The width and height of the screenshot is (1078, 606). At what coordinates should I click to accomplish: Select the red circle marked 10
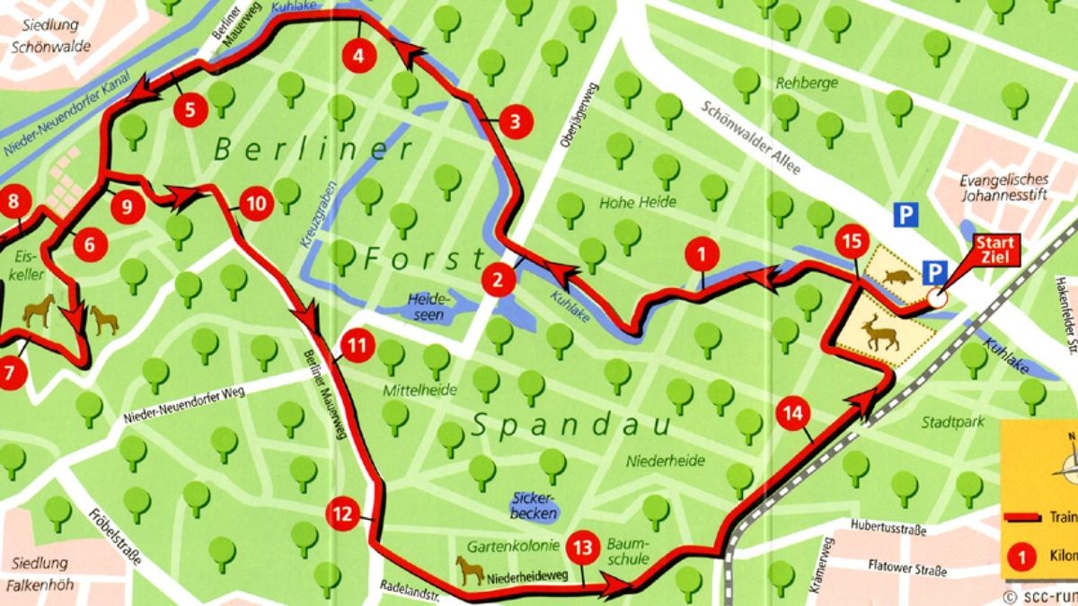tap(256, 205)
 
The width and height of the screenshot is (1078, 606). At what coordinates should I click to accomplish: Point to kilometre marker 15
tap(851, 242)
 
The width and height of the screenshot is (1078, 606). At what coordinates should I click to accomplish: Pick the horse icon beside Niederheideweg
tap(470, 569)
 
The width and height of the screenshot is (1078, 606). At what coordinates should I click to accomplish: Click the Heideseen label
tap(426, 306)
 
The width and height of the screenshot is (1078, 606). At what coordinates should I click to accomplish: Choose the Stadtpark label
tap(953, 422)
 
